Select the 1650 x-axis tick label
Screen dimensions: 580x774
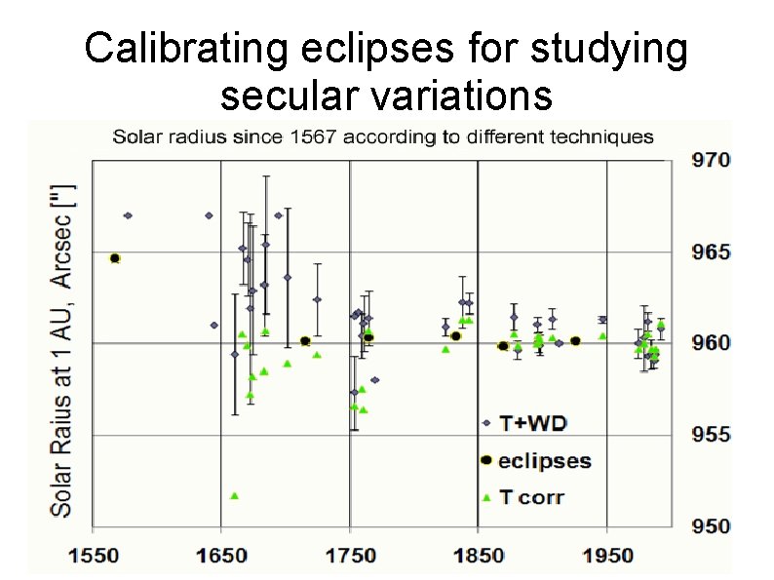[x=221, y=556]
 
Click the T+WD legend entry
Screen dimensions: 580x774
[x=532, y=423]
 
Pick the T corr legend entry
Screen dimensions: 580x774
[x=531, y=497]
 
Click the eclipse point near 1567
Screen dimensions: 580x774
[x=115, y=258]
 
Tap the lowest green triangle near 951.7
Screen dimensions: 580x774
[x=234, y=495]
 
